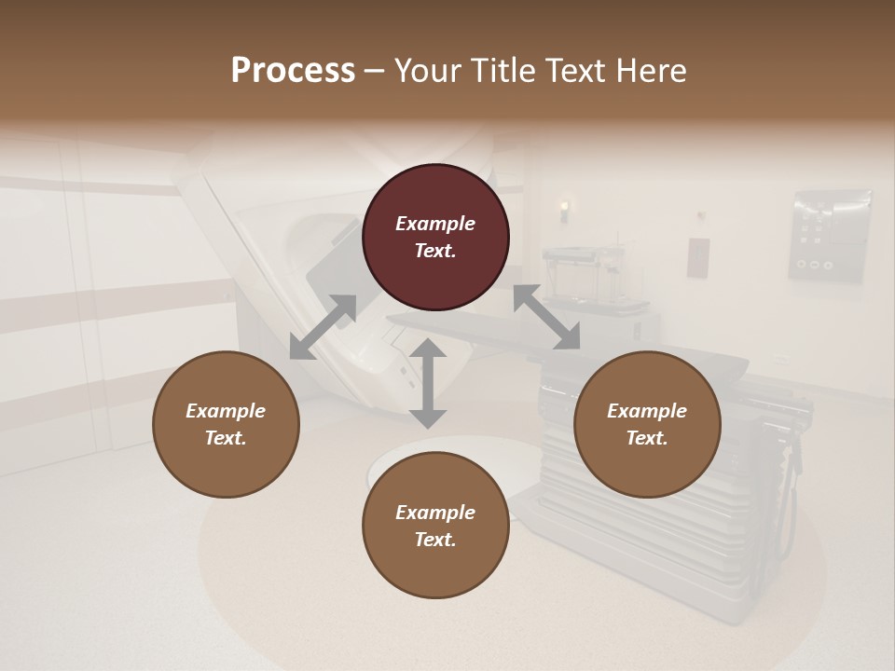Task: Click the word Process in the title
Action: (x=293, y=71)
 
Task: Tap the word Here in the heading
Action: (x=650, y=71)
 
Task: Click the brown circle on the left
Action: (x=226, y=424)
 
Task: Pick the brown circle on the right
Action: (x=647, y=424)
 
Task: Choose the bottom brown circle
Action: (x=435, y=525)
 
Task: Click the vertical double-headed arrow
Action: (x=428, y=383)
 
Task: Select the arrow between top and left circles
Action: (x=323, y=327)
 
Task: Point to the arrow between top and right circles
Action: (x=546, y=318)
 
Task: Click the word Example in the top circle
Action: (x=435, y=224)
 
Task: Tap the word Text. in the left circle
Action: (x=226, y=438)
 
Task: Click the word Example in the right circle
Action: (x=647, y=411)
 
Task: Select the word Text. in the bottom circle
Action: (x=435, y=540)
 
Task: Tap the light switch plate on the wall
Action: (x=698, y=257)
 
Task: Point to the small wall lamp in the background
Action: (x=565, y=212)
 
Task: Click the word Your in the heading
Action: (x=424, y=71)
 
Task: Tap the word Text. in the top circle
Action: (x=435, y=251)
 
